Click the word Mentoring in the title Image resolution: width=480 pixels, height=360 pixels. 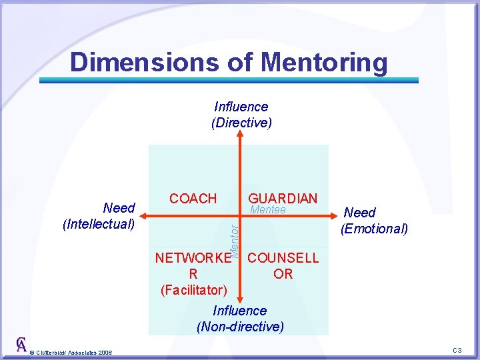325,62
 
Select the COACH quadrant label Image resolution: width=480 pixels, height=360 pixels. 193,198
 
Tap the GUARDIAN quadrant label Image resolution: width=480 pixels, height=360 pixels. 283,198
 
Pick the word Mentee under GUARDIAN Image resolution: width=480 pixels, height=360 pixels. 267,210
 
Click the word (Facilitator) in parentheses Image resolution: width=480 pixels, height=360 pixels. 193,289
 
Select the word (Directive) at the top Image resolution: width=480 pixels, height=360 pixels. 241,123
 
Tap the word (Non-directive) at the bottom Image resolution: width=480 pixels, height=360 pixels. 240,327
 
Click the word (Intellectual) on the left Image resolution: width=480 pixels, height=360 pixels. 99,224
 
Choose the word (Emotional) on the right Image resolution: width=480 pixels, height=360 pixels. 374,229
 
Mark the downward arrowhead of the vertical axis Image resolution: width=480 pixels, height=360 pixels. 241,297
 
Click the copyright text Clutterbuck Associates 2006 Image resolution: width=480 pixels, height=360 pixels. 71,352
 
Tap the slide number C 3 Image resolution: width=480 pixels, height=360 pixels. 457,351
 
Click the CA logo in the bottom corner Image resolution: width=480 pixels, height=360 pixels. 22,345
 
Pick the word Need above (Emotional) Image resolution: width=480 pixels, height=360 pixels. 360,213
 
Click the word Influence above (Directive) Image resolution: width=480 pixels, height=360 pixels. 241,107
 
